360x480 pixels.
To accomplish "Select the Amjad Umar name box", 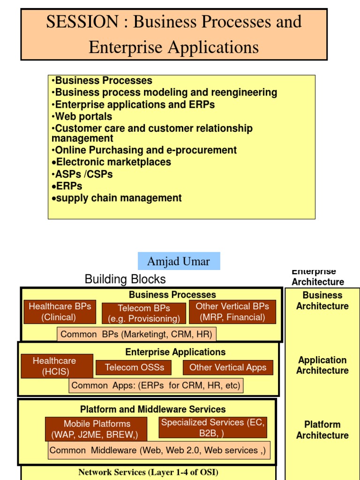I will coord(179,261).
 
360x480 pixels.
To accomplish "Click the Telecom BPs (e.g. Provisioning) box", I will coord(144,314).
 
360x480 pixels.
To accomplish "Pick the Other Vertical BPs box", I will coord(232,312).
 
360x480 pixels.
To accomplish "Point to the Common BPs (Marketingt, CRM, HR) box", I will coord(136,334).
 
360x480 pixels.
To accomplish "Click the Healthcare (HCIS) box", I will coord(54,366).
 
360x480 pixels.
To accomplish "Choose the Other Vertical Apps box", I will coord(228,367).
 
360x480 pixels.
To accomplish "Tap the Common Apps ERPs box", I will coord(156,386).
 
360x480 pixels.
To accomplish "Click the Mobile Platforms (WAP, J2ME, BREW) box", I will coord(96,429).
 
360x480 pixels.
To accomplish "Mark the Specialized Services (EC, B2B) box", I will coord(213,427).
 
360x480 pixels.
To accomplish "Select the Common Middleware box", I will coord(158,450).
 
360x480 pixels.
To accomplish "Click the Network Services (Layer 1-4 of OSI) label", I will coord(148,472).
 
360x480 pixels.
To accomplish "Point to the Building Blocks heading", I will coord(125,279).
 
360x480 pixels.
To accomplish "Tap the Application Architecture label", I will coord(322,365).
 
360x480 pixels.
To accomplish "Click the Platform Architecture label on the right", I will coord(322,430).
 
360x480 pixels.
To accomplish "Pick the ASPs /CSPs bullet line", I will coord(84,174).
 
